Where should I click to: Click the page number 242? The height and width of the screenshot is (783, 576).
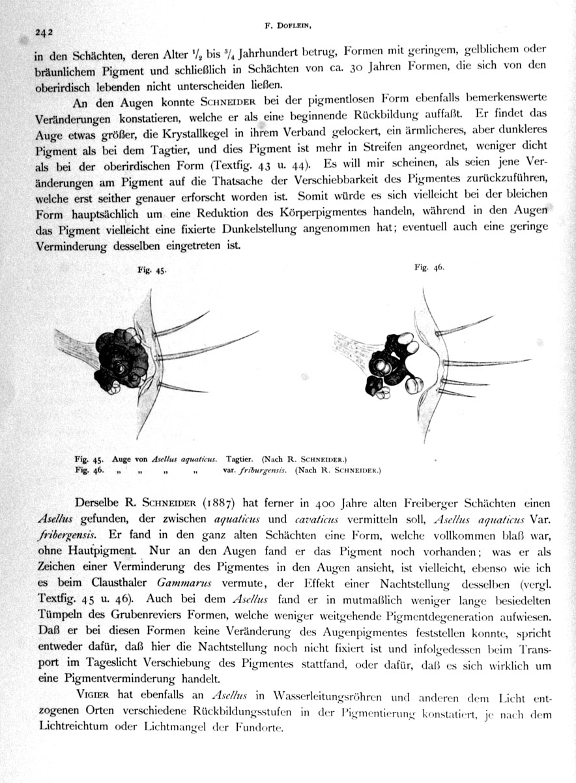click(x=44, y=31)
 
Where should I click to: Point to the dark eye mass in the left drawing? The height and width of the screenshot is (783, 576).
click(x=121, y=358)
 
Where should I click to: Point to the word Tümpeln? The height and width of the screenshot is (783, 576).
click(x=57, y=613)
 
